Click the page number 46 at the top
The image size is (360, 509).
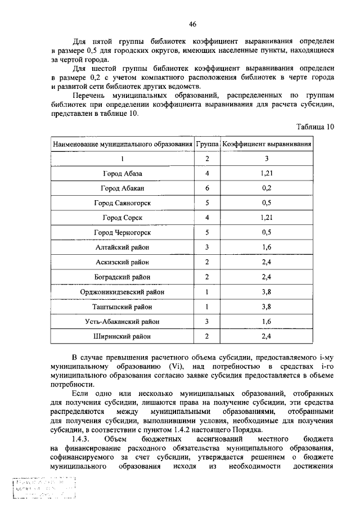[192, 24]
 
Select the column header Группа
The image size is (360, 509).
[207, 144]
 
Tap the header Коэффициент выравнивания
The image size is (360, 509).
[267, 144]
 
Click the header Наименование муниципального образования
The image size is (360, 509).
[123, 144]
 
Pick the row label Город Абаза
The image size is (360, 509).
[123, 173]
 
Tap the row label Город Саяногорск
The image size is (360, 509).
[123, 202]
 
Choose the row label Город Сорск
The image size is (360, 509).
[123, 217]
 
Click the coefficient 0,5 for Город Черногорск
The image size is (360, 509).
[267, 232]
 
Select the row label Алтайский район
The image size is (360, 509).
[123, 247]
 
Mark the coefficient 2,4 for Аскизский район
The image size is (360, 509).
[267, 262]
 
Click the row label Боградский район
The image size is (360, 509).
[123, 277]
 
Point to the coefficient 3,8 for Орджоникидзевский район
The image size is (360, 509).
[267, 292]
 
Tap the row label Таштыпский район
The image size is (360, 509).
[123, 307]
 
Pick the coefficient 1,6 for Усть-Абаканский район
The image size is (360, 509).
[267, 322]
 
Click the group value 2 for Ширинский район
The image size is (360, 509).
[207, 337]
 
